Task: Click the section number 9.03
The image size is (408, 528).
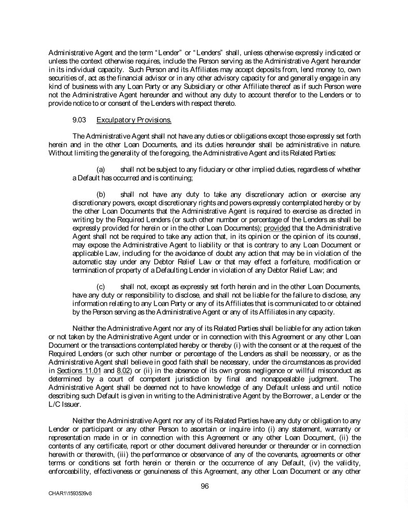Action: click(80, 121)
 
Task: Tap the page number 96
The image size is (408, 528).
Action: click(204, 484)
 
